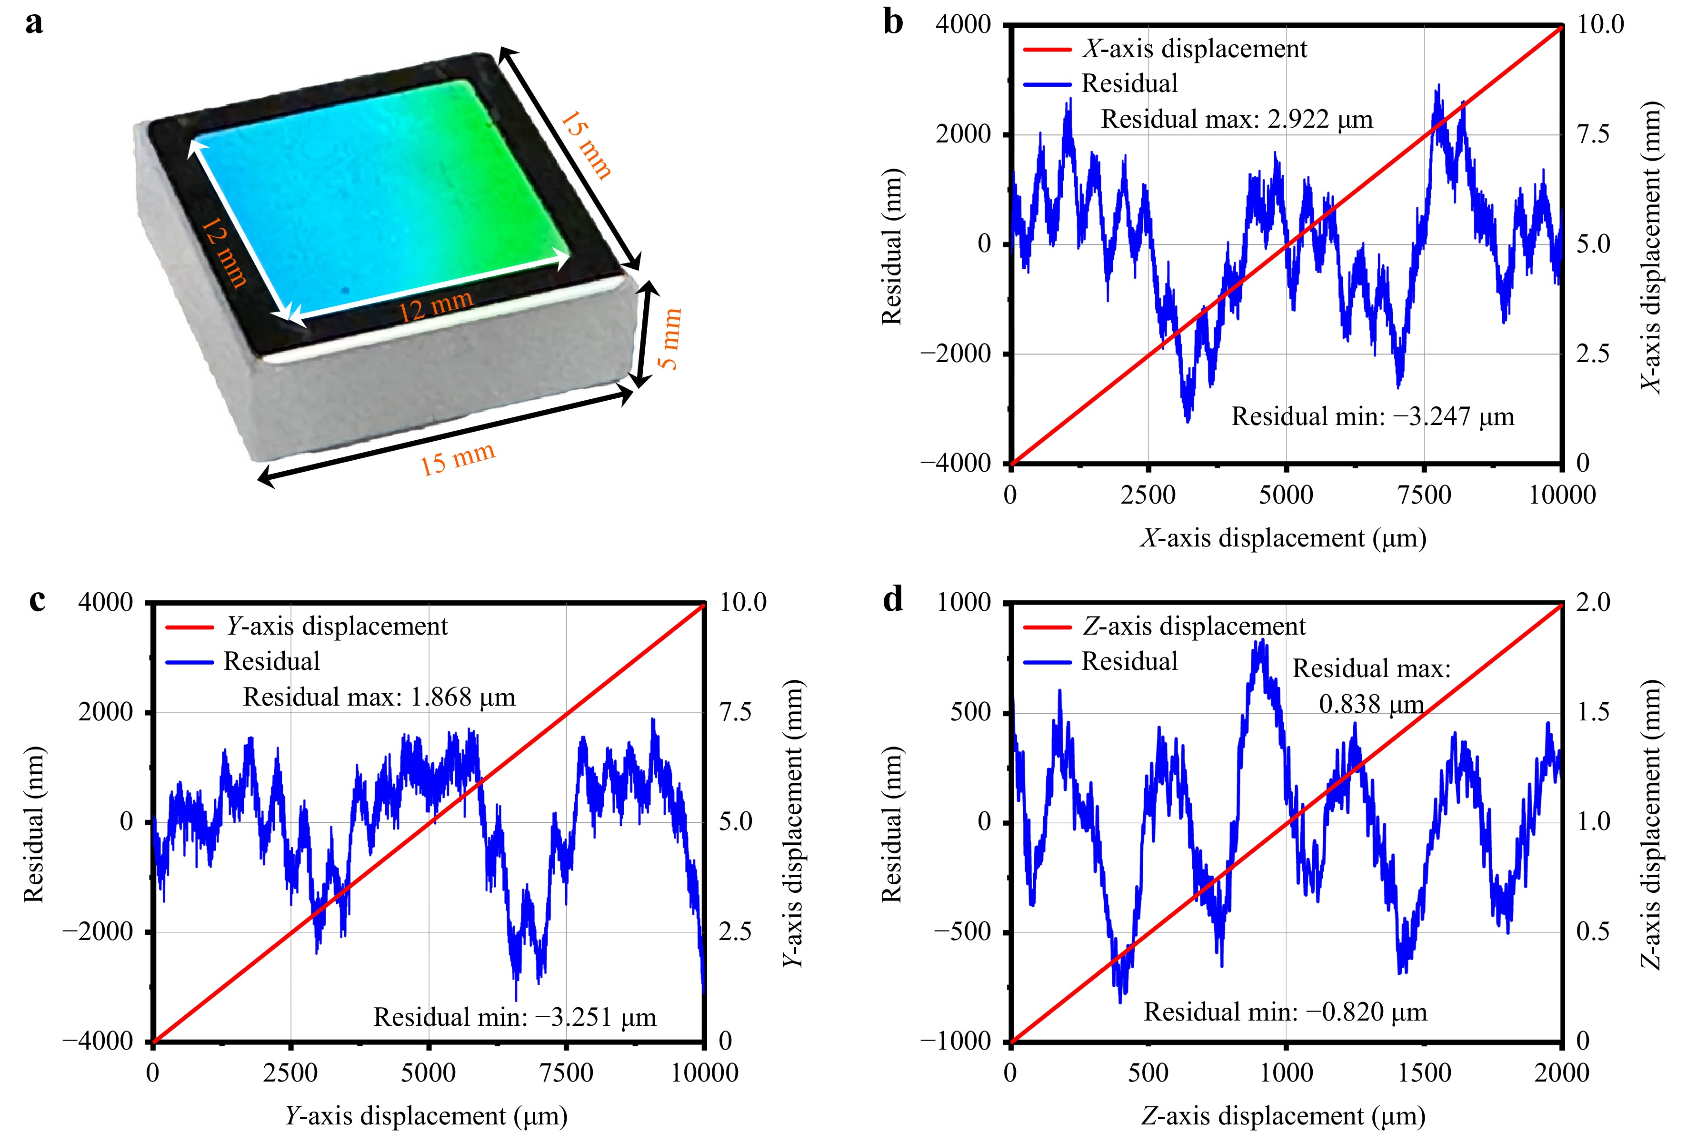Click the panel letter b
893,23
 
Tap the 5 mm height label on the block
670,338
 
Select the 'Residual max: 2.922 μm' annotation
1237,119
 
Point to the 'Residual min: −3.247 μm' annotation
1372,417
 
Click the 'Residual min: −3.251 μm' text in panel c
515,1017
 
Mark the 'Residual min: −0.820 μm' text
1286,1012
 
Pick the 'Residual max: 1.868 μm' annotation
379,698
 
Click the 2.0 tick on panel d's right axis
1592,603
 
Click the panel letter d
893,600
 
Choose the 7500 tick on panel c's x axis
566,1072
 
